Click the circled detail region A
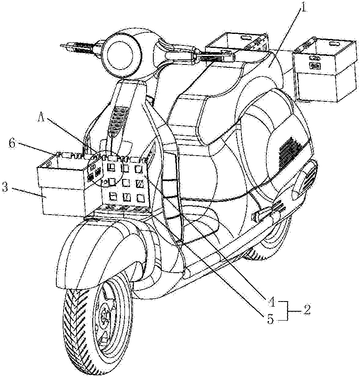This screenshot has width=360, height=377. (101, 170)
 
